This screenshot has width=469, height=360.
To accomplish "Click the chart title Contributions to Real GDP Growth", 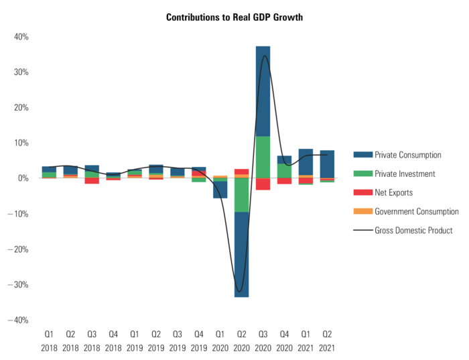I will pos(234,17).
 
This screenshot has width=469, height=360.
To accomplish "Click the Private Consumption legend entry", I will pos(407,155).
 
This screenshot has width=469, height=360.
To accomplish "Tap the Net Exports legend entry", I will pos(393,192).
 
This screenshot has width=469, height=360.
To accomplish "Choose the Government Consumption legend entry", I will pos(416,211).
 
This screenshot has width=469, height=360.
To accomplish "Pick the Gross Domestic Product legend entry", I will pos(413,230).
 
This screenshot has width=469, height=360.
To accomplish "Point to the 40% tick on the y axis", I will pos(21,37).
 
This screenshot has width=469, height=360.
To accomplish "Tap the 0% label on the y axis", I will pos(23,178).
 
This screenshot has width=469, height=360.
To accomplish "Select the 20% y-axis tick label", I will pos(21,107).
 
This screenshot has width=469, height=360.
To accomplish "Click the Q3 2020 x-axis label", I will pos(263,341).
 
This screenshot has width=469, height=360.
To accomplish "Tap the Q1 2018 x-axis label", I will pos(49,341).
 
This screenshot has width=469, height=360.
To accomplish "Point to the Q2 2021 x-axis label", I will pos(327,341).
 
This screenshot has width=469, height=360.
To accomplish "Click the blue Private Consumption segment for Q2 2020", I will pos(241,254).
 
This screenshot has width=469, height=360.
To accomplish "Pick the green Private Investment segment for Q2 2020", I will pos(241,195).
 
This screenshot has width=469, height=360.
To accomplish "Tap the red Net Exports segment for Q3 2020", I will pos(263,184).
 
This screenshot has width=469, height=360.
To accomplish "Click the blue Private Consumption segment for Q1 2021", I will pos(306,162).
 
